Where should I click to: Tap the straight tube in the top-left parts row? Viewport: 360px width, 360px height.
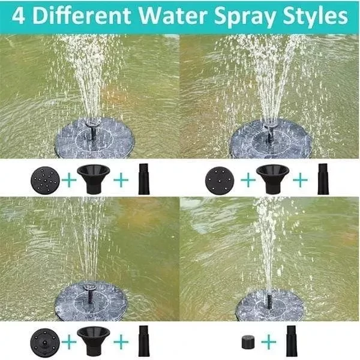(x=143, y=179)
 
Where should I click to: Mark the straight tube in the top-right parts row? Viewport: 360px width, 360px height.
(x=322, y=179)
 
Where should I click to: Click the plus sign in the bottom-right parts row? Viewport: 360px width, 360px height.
(x=268, y=342)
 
